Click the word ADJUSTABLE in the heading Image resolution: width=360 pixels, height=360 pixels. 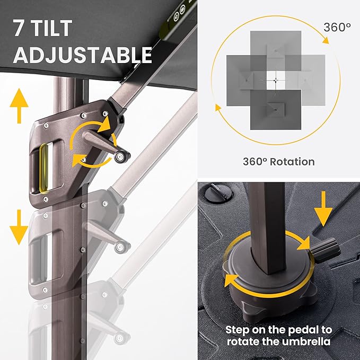(x=83, y=55)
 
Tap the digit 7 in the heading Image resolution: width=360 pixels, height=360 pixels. (x=19, y=28)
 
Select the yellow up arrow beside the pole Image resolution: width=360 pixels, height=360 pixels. (x=19, y=106)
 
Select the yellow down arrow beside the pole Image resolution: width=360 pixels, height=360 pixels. (x=19, y=227)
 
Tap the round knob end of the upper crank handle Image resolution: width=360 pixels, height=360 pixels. (x=122, y=156)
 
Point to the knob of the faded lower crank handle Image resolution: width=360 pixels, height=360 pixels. (x=122, y=247)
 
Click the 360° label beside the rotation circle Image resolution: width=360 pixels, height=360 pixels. (x=337, y=28)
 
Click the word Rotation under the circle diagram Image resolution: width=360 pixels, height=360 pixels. (x=292, y=162)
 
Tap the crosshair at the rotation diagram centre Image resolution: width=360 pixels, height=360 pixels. (x=276, y=80)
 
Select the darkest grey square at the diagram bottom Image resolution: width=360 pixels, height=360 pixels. (x=276, y=110)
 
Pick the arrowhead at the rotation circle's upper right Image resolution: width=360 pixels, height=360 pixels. (x=326, y=40)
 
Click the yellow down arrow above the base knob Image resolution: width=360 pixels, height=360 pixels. (x=323, y=209)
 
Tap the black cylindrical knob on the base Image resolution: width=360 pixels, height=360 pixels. (x=325, y=250)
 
